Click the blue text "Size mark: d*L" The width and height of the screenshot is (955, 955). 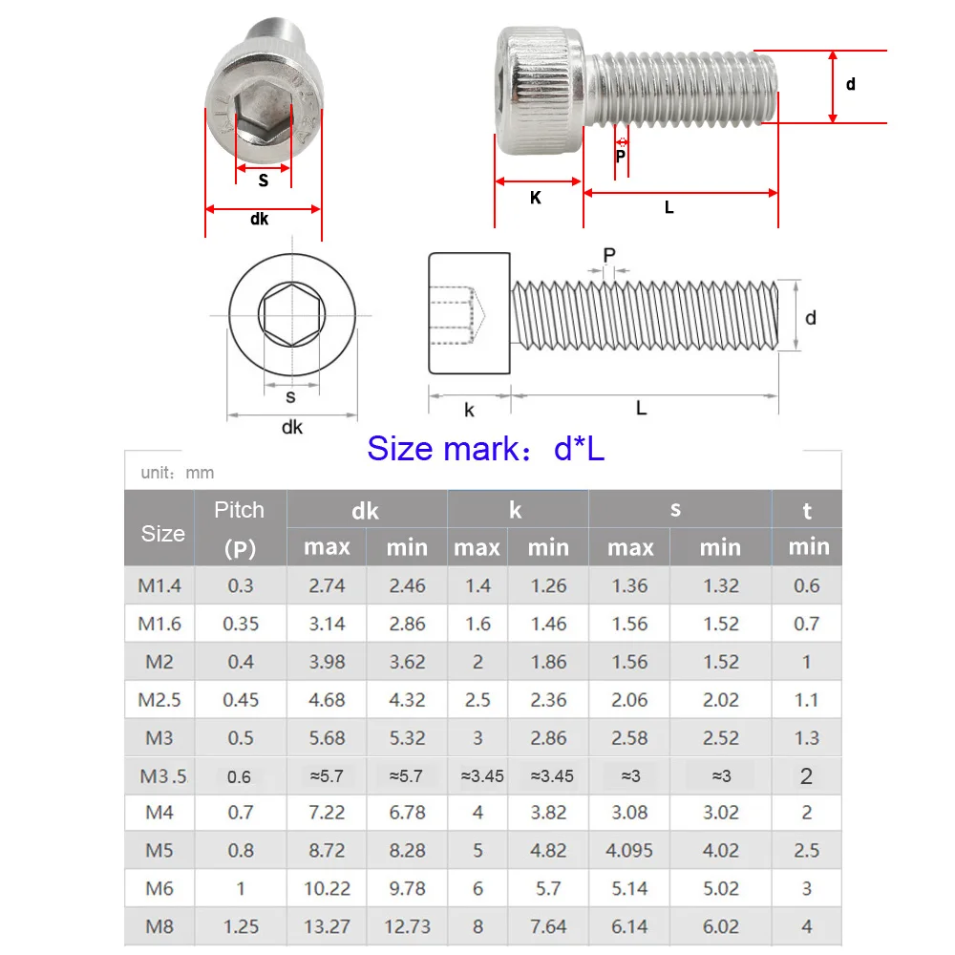click(485, 448)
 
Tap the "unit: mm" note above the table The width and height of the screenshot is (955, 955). click(177, 473)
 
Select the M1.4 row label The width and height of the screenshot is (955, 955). click(159, 585)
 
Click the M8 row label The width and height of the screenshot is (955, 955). click(159, 926)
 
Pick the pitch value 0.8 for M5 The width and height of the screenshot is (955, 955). click(240, 851)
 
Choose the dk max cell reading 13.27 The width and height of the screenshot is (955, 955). click(327, 926)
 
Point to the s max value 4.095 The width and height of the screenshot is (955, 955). click(630, 851)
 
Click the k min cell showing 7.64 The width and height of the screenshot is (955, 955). click(548, 926)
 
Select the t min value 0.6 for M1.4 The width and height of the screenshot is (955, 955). click(807, 585)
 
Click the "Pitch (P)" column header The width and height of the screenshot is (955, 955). click(239, 528)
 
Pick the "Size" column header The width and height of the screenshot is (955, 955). click(162, 533)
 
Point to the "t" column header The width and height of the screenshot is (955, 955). click(807, 511)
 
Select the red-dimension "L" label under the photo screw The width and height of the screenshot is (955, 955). click(669, 207)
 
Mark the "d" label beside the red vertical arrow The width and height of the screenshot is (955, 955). click(851, 84)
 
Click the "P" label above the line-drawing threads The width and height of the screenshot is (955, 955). click(609, 254)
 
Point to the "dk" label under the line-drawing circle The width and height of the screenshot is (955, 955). click(291, 427)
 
